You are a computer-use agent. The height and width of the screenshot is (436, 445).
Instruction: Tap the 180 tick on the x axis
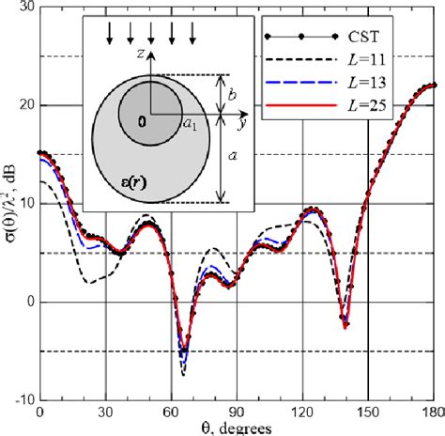click(x=433, y=413)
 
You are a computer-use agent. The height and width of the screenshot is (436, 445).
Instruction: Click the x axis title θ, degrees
click(x=235, y=428)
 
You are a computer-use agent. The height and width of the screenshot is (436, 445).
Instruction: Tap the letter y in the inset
click(x=241, y=123)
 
